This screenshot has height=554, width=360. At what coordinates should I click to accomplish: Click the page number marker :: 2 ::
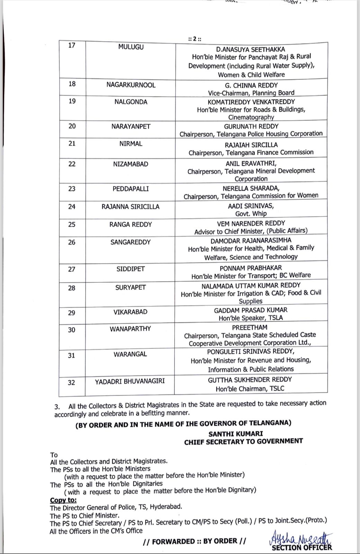click(x=195, y=39)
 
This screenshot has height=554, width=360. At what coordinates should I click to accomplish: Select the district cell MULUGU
click(x=130, y=47)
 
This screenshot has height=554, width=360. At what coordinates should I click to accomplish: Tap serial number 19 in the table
click(x=72, y=101)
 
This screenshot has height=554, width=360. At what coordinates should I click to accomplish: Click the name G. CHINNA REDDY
click(x=251, y=85)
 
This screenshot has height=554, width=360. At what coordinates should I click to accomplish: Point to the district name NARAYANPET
click(x=131, y=126)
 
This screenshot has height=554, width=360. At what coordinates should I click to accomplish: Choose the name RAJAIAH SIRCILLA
click(x=251, y=145)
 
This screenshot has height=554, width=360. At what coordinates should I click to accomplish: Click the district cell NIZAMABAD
click(x=130, y=164)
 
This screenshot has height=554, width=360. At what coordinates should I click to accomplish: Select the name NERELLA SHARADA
click(x=251, y=188)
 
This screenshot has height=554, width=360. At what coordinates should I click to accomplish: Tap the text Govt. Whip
click(x=251, y=214)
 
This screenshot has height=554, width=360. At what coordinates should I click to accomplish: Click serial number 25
click(x=72, y=225)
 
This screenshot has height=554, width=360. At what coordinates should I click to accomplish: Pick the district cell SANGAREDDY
click(x=130, y=242)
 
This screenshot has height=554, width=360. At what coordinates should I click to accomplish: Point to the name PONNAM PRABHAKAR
click(x=251, y=268)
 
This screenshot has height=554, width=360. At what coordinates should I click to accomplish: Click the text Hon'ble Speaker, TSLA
click(x=251, y=318)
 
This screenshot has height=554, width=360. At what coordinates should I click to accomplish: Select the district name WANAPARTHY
click(x=130, y=329)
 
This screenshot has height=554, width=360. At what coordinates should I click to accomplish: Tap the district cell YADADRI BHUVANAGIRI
click(x=130, y=381)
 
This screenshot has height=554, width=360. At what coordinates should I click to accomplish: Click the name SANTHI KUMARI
click(x=236, y=434)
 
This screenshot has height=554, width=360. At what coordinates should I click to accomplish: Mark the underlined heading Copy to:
click(x=63, y=500)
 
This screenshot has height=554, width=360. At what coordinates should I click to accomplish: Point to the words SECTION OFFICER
click(x=302, y=547)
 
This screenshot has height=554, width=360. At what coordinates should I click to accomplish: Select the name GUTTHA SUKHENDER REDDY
click(x=250, y=380)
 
